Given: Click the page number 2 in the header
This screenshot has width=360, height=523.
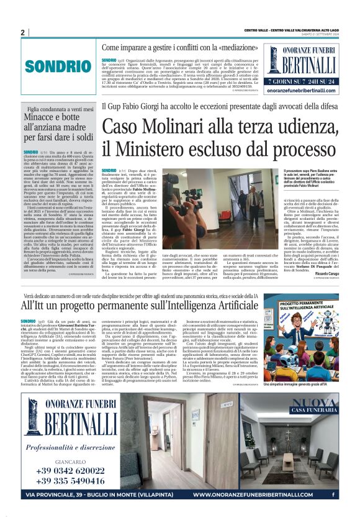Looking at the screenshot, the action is (x=22, y=32).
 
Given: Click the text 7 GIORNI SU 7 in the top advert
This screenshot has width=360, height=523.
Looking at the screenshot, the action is (x=284, y=81).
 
